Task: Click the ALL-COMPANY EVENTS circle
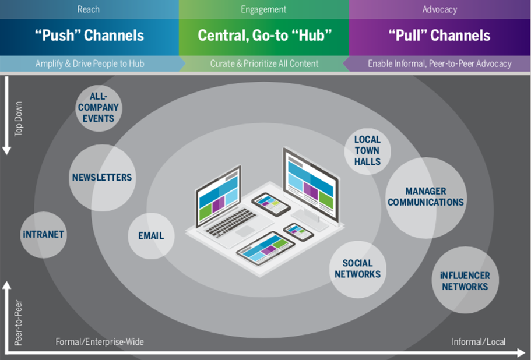(x=99, y=108)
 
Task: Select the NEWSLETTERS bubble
(x=102, y=178)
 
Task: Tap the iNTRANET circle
(x=44, y=235)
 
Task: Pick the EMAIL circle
(x=151, y=236)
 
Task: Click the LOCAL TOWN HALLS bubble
(x=367, y=151)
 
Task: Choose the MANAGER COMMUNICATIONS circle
(x=426, y=197)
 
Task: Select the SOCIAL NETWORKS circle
(x=357, y=269)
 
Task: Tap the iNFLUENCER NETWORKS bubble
(x=465, y=281)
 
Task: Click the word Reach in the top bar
(x=88, y=9)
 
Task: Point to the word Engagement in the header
(x=263, y=9)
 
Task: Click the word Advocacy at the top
(x=439, y=9)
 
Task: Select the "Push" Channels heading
(x=89, y=36)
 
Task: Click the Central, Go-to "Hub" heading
(x=265, y=36)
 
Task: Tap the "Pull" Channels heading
(x=439, y=36)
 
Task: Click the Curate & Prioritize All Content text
(x=264, y=63)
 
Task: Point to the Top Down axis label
(x=19, y=119)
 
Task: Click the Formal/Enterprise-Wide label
(x=100, y=342)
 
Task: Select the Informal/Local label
(x=478, y=342)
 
